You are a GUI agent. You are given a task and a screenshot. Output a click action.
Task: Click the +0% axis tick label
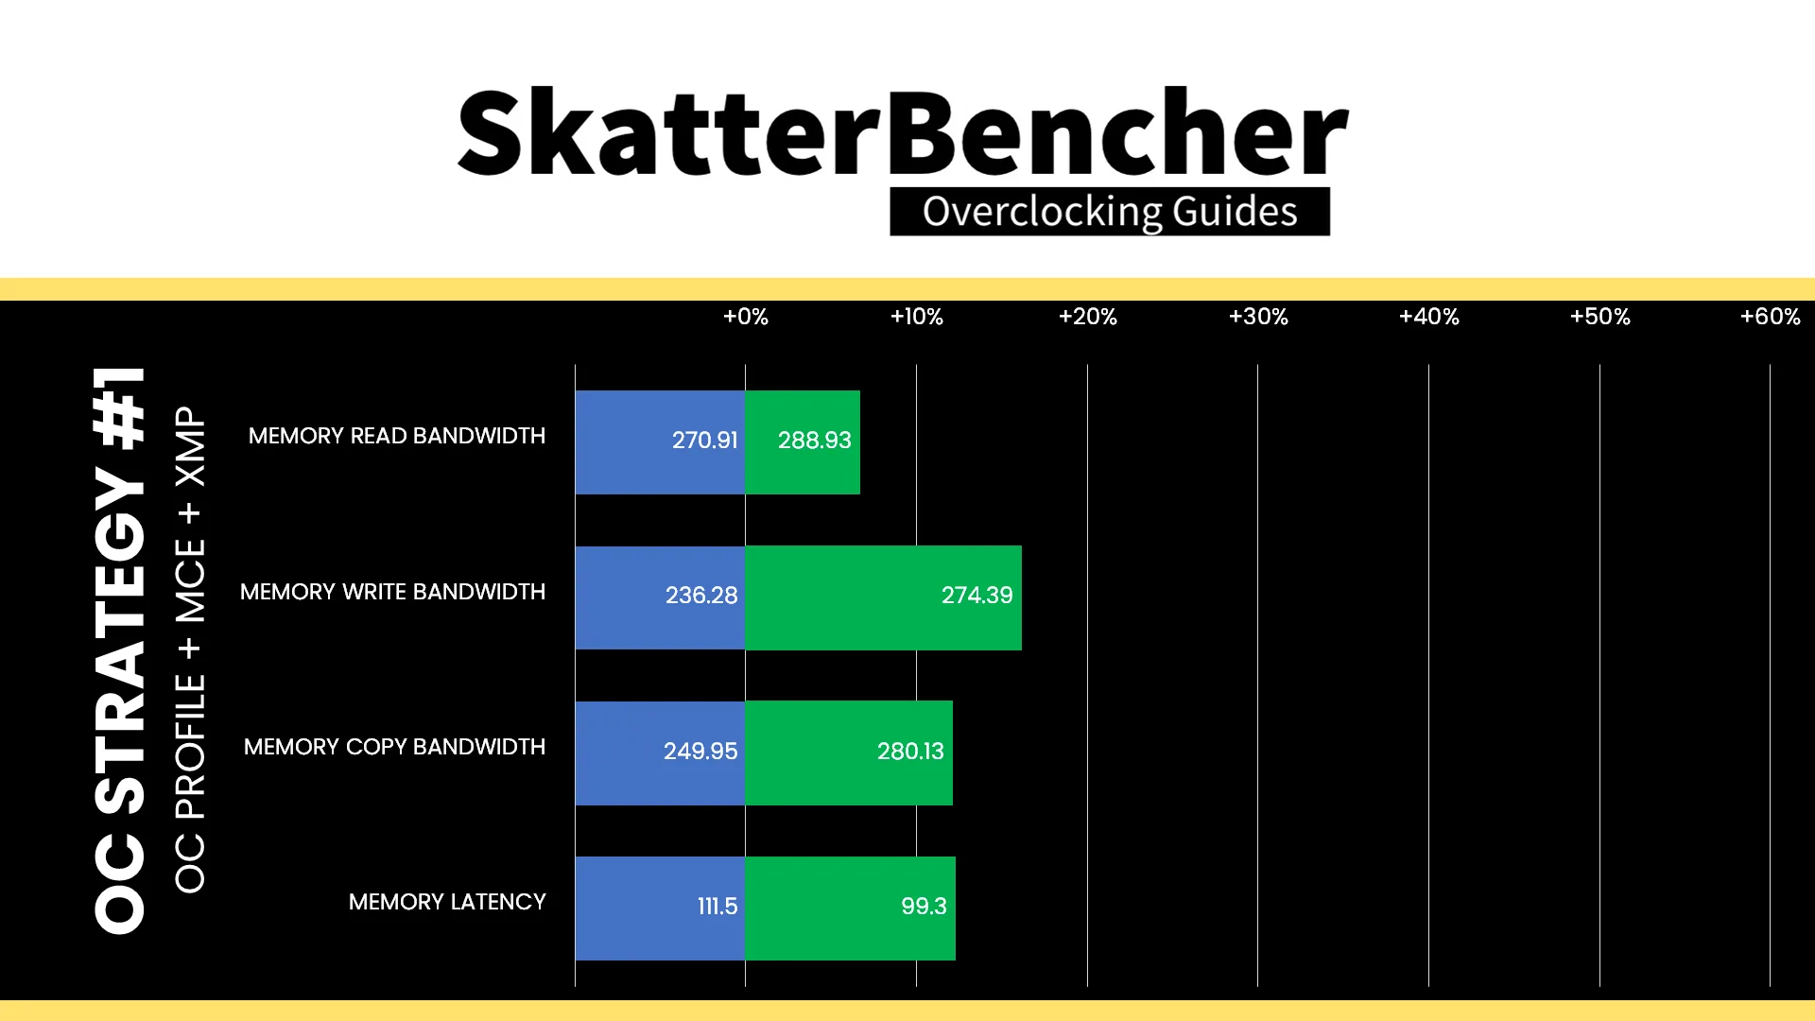point(745,317)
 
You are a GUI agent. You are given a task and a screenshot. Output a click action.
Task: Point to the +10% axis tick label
point(916,317)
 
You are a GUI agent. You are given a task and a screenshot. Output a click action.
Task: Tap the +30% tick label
point(1258,317)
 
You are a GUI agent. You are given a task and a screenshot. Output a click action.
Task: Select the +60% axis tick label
point(1770,317)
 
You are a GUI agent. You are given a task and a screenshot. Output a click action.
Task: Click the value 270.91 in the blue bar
point(704,441)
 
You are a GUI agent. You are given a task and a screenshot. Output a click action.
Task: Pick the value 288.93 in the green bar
point(814,441)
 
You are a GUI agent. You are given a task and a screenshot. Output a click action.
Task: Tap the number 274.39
point(977,596)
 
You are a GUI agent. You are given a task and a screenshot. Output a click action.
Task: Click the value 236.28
point(700,596)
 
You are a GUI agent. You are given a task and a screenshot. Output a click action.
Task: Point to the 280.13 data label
point(909,752)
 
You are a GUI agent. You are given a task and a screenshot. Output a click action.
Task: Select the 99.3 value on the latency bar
point(923,907)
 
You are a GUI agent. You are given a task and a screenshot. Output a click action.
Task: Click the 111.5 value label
point(717,907)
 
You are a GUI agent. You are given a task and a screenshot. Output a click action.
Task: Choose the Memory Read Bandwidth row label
point(397,436)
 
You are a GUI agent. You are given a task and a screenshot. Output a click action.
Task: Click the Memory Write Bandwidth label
point(392,592)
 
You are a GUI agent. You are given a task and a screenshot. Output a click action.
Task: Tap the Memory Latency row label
point(447,902)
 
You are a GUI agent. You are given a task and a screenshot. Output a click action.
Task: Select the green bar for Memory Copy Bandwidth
point(849,753)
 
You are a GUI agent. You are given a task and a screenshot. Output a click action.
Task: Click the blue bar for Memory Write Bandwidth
point(660,597)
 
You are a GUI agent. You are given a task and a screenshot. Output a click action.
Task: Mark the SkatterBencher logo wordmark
point(903,132)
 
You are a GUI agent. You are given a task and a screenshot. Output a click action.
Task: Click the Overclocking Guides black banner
point(1110,212)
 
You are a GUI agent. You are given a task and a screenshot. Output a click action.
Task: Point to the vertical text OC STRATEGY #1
point(120,650)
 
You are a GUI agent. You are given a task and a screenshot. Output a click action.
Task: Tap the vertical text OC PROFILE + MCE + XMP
point(190,650)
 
